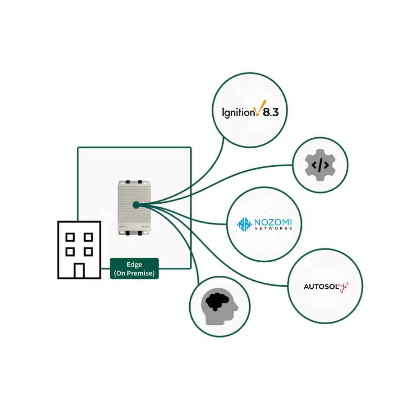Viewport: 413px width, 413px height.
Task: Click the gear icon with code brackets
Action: [x=320, y=165]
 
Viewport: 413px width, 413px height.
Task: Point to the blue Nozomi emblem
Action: [x=243, y=224]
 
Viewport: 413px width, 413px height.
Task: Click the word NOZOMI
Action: [x=273, y=222]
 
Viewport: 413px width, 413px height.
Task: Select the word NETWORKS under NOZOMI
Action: [x=273, y=229]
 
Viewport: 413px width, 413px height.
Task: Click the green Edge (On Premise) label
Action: [x=134, y=268]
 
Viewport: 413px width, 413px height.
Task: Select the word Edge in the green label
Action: [x=134, y=265]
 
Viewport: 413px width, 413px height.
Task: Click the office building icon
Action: [x=79, y=250]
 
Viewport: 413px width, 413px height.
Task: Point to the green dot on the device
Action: [x=136, y=205]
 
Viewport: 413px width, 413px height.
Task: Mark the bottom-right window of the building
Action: [x=88, y=252]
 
